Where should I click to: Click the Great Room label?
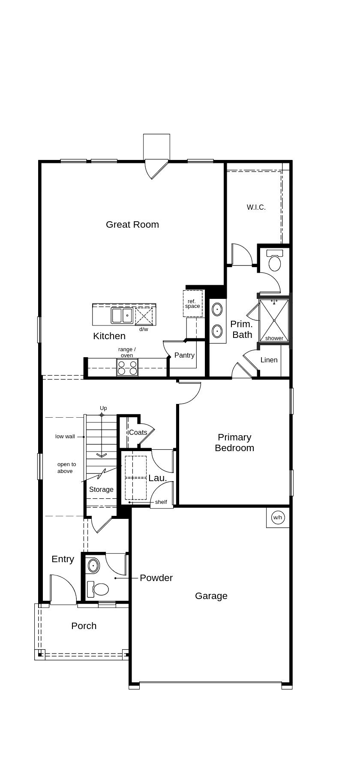pos(132,224)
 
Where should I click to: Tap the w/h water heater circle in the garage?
pos(278,518)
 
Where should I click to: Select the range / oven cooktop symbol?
pos(127,368)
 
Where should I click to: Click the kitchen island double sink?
pos(122,315)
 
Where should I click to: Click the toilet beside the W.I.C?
pos(274,262)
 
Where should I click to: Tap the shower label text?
pos(274,338)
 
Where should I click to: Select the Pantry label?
pos(184,355)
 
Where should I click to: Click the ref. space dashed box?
pos(192,304)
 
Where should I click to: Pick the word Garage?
pos(211,596)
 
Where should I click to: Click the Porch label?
pos(84,626)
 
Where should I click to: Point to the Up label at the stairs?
pos(103,408)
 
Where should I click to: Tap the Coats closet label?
pos(138,432)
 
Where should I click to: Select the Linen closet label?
pos(269,360)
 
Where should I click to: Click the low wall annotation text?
pos(65,437)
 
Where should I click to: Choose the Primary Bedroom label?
pos(234,442)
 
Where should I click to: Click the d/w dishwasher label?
pos(144,329)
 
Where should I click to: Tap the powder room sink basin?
pos(93,566)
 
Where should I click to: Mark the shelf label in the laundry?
pos(161,502)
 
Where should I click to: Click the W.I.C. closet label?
pos(256,207)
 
